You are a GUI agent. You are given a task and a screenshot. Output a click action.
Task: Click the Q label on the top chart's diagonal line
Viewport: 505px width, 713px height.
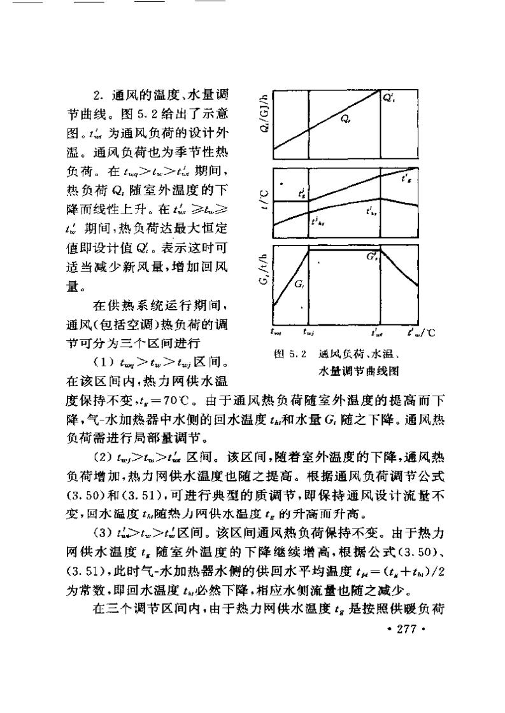pos(345,118)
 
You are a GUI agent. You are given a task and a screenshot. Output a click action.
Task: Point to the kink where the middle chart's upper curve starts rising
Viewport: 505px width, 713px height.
pos(308,200)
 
